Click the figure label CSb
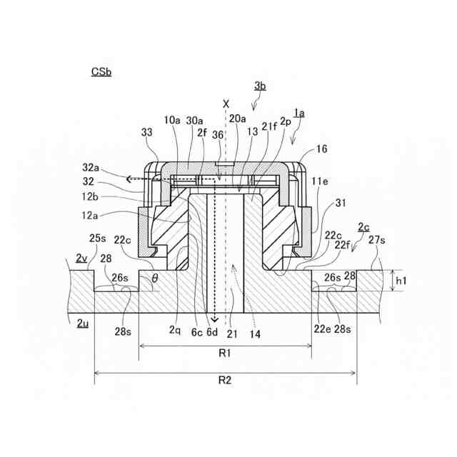click(101, 71)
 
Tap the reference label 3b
click(260, 86)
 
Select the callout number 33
click(147, 133)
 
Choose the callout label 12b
click(91, 196)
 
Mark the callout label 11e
click(320, 183)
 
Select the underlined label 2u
click(82, 323)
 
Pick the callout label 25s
click(97, 237)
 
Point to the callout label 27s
click(376, 241)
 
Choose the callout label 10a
click(172, 121)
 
